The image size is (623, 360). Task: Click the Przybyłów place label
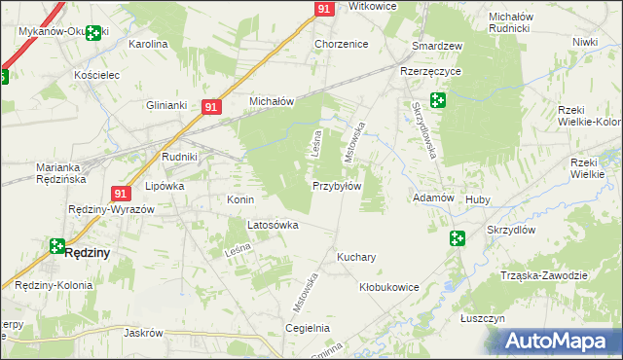pyautogui.click(x=337, y=186)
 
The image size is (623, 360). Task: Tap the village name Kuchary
pyautogui.click(x=356, y=258)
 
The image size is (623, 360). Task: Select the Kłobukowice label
pyautogui.click(x=388, y=287)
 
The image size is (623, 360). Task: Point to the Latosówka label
pyautogui.click(x=273, y=225)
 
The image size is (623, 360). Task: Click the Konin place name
pyautogui.click(x=240, y=199)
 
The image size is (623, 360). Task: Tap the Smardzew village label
pyautogui.click(x=437, y=46)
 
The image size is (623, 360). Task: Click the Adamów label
pyautogui.click(x=434, y=198)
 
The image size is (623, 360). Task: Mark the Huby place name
pyautogui.click(x=478, y=198)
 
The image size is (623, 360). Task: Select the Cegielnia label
pyautogui.click(x=308, y=328)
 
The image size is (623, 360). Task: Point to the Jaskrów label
pyautogui.click(x=143, y=332)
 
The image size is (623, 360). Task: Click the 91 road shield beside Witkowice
pyautogui.click(x=324, y=9)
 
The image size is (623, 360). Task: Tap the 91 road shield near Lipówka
pyautogui.click(x=121, y=194)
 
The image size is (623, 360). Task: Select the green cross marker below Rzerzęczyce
pyautogui.click(x=438, y=99)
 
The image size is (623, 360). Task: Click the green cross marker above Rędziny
pyautogui.click(x=57, y=247)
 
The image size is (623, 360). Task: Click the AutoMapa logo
pyautogui.click(x=560, y=342)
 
